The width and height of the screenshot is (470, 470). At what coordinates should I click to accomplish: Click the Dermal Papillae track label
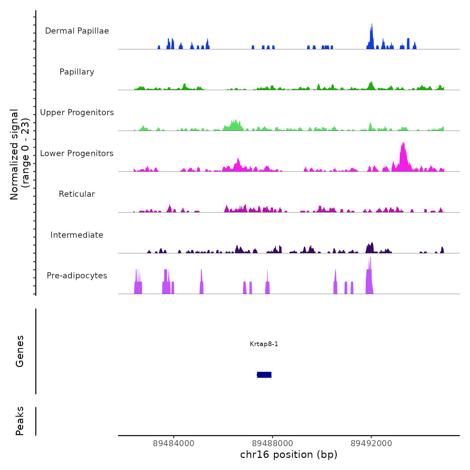click(x=77, y=31)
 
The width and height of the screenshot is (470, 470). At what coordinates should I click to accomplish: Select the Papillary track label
click(x=77, y=72)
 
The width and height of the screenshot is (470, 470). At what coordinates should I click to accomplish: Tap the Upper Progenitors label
click(x=77, y=112)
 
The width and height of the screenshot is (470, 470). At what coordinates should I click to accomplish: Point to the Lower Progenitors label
click(x=77, y=153)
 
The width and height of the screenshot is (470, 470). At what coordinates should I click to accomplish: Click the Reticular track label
click(x=77, y=194)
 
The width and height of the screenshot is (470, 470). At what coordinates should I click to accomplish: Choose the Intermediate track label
click(x=77, y=235)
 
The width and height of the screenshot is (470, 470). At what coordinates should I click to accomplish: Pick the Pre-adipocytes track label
click(x=77, y=276)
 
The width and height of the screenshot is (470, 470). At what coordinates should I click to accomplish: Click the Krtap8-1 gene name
click(x=264, y=344)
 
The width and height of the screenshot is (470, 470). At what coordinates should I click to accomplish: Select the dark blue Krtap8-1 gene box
click(x=264, y=375)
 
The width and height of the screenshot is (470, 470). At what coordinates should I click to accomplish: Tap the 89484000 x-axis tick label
click(x=174, y=443)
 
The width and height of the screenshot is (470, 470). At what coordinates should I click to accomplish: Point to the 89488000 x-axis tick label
click(x=273, y=443)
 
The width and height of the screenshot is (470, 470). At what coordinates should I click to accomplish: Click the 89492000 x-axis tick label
click(x=371, y=443)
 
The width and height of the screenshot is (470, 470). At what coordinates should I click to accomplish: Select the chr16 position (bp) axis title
click(x=289, y=455)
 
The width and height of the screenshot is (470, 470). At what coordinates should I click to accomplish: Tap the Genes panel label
click(x=20, y=351)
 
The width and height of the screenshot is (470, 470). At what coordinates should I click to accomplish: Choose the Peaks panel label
click(x=20, y=421)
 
